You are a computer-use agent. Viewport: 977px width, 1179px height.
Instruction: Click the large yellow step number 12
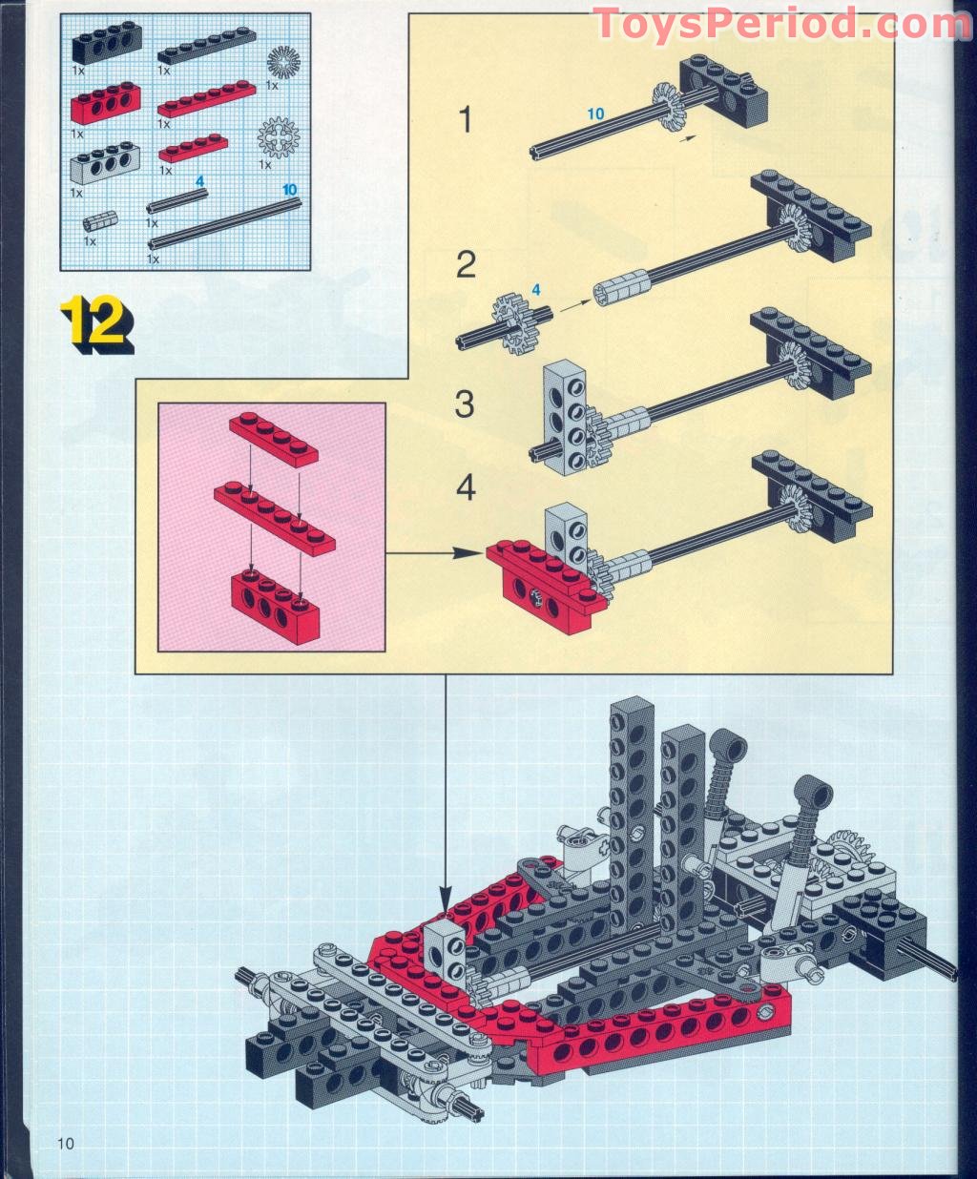pyautogui.click(x=96, y=323)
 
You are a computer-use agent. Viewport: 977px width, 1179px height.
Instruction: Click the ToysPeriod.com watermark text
pyautogui.click(x=780, y=23)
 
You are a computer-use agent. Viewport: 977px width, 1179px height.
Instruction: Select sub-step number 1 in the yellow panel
pyautogui.click(x=465, y=121)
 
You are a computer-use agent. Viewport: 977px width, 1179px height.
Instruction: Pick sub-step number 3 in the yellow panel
pyautogui.click(x=465, y=404)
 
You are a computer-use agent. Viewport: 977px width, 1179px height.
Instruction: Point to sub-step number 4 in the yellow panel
pyautogui.click(x=465, y=488)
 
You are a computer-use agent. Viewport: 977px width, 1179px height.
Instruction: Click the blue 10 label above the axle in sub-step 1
pyautogui.click(x=595, y=114)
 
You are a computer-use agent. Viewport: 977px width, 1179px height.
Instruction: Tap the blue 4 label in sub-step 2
pyautogui.click(x=535, y=288)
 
